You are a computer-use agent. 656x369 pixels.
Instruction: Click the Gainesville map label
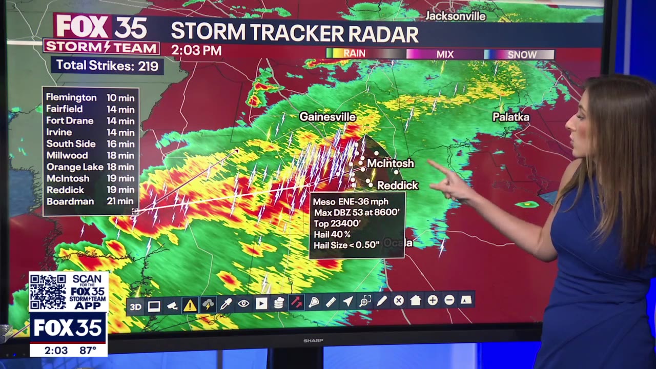327,117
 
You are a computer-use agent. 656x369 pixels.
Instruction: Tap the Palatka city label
511,117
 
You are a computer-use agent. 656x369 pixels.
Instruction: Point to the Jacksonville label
456,16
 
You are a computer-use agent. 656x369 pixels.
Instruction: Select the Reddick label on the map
398,185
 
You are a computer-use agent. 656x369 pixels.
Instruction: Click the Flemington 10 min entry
90,97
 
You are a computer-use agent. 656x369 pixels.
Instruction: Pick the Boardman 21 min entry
90,201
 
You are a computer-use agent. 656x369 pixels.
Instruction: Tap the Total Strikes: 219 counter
107,65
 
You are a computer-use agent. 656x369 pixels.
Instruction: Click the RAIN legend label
354,53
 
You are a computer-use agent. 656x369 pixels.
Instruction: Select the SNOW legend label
522,54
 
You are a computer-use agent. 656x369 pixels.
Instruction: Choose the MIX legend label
445,54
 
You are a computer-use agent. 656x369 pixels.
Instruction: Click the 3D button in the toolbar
135,306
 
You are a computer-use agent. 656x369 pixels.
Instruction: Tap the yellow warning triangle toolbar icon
190,306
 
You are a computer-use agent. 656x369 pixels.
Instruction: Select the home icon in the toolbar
415,301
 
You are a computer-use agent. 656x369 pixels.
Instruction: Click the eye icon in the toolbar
243,304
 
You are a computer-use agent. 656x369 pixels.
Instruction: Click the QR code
48,292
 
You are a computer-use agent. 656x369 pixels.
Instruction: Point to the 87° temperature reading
88,351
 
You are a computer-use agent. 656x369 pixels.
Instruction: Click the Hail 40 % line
332,234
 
